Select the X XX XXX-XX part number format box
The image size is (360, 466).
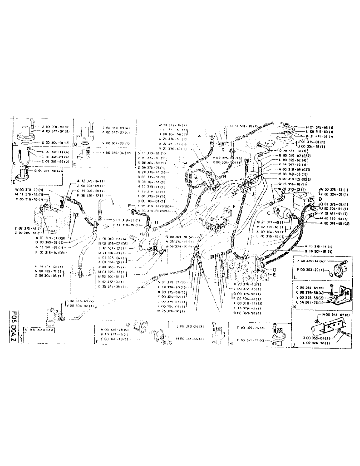click(x=39, y=329)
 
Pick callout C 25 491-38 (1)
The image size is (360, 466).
click(x=115, y=287)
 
